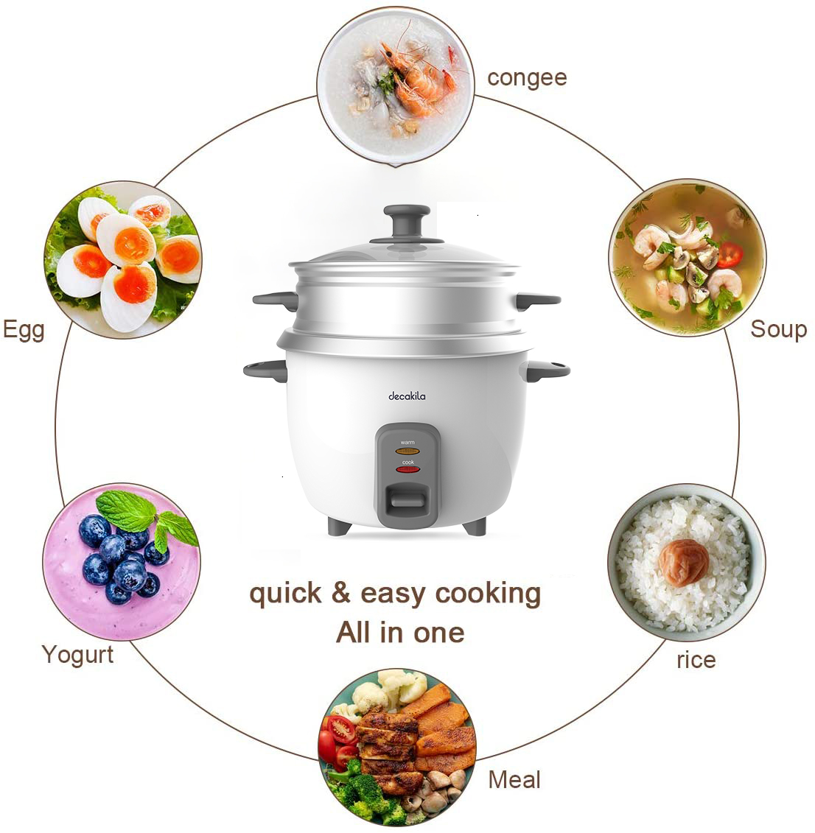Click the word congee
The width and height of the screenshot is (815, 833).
point(527,79)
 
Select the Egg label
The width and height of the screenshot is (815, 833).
point(24,331)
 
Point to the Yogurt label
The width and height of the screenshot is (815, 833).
point(77,655)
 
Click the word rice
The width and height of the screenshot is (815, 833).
point(696,660)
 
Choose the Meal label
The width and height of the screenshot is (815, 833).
point(514,779)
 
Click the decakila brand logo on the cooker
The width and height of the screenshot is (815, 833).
point(407,396)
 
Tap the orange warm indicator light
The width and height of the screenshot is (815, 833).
point(407,451)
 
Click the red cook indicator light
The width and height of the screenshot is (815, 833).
point(407,469)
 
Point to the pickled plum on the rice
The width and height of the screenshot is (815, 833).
point(683,562)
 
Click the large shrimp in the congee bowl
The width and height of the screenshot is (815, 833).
point(411,80)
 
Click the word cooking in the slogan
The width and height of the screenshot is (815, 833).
point(488,594)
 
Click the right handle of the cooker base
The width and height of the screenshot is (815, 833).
point(548,370)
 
